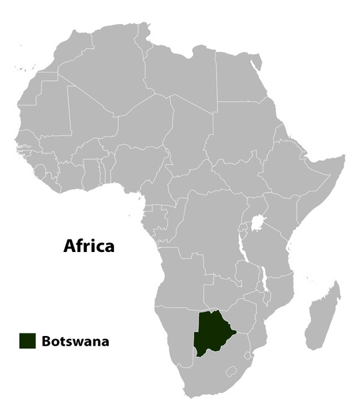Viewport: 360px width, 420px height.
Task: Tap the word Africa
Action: pos(89,245)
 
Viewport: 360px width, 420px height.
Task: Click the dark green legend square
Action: pos(27,341)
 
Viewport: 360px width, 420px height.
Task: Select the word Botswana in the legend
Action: pos(75,341)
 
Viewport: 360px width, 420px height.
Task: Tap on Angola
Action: pos(180,282)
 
